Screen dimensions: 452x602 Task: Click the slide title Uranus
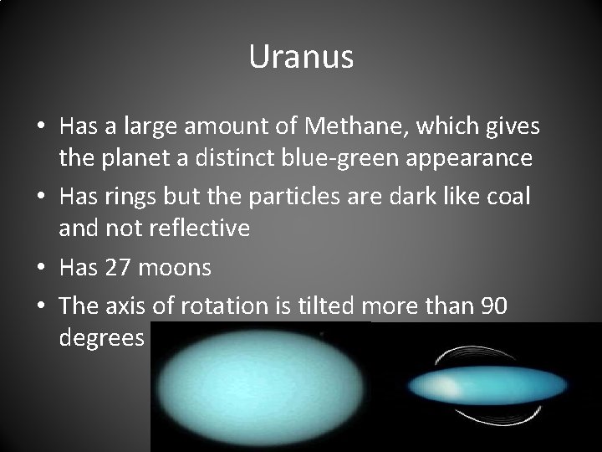click(301, 58)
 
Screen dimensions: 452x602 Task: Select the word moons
click(174, 267)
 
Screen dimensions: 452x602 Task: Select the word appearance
click(480, 159)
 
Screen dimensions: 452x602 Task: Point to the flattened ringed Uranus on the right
click(485, 387)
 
